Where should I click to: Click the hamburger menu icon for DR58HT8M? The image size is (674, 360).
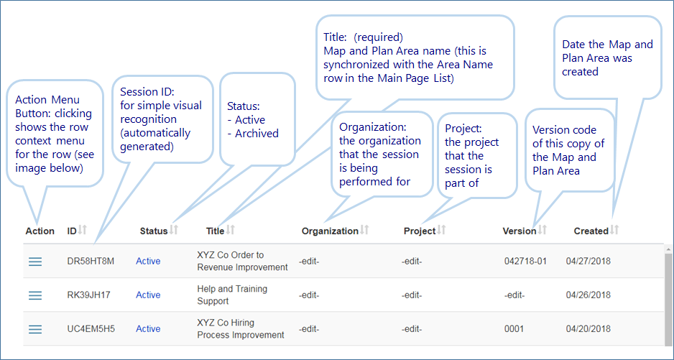tap(35, 262)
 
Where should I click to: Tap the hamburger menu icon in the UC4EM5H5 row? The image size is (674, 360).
tap(35, 329)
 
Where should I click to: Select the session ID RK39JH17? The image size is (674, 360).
tap(88, 295)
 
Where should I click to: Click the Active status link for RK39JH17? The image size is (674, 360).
tap(148, 295)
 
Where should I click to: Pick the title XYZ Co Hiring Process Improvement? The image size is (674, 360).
tap(241, 328)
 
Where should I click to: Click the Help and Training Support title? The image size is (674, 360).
tap(232, 295)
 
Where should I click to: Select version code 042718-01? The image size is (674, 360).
tap(525, 261)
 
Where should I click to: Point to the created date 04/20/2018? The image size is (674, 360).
tap(588, 329)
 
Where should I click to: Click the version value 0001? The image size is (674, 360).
tap(514, 329)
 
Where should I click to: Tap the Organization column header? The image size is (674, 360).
tap(330, 231)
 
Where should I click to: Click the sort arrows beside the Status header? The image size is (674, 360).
tap(174, 230)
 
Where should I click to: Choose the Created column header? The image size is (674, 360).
tap(591, 231)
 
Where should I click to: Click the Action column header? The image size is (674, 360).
tap(40, 231)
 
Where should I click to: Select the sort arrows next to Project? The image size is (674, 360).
tap(441, 230)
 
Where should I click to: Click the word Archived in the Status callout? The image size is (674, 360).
tap(257, 134)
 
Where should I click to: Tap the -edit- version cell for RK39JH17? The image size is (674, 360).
tap(514, 295)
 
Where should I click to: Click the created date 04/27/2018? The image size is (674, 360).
tap(588, 261)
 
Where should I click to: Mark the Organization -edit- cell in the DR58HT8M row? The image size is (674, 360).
tap(309, 261)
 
